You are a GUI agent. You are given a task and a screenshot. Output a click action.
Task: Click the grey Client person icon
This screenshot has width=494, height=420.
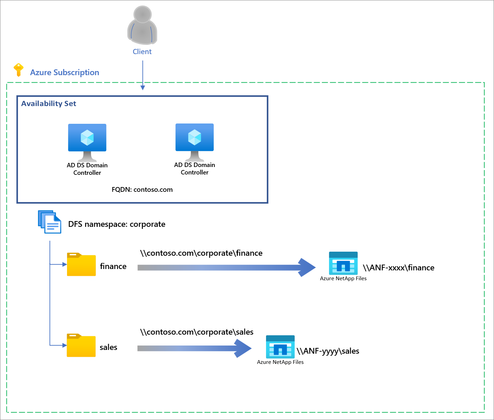tap(142, 26)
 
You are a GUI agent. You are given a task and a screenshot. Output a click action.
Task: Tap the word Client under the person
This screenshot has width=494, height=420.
tap(142, 52)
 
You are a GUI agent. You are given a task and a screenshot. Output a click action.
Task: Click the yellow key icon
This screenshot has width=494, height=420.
tap(18, 70)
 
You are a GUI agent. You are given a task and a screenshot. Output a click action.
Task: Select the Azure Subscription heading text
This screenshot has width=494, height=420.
tap(65, 72)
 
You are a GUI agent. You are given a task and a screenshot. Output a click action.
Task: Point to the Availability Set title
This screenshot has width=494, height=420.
tap(49, 104)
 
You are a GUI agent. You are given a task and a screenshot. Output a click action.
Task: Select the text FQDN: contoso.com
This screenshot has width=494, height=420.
tap(142, 190)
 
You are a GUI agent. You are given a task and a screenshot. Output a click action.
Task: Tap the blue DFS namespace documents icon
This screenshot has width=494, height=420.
tap(50, 222)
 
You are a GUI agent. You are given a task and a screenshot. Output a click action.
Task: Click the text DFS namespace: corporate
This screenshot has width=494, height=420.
tap(117, 224)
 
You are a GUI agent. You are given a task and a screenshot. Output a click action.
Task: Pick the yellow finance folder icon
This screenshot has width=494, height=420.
tap(81, 265)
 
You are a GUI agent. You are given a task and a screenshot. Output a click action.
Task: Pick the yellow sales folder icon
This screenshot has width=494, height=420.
tap(81, 346)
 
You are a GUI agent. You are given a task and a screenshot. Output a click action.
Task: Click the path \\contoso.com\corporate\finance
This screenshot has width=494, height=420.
tap(201, 253)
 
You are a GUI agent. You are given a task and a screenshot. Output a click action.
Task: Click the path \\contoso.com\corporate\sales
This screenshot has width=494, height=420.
tap(197, 332)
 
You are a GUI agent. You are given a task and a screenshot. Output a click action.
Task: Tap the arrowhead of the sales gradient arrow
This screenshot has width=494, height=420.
tap(243, 348)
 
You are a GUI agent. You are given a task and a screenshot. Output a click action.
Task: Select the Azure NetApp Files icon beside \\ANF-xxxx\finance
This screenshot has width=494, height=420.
tap(343, 264)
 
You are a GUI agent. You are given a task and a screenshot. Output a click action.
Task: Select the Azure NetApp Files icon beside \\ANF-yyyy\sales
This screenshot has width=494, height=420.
tap(280, 347)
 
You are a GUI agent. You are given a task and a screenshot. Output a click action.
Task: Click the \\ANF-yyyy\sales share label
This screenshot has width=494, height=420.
tap(328, 351)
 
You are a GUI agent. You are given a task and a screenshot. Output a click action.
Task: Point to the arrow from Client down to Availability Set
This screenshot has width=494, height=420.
tap(143, 75)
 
